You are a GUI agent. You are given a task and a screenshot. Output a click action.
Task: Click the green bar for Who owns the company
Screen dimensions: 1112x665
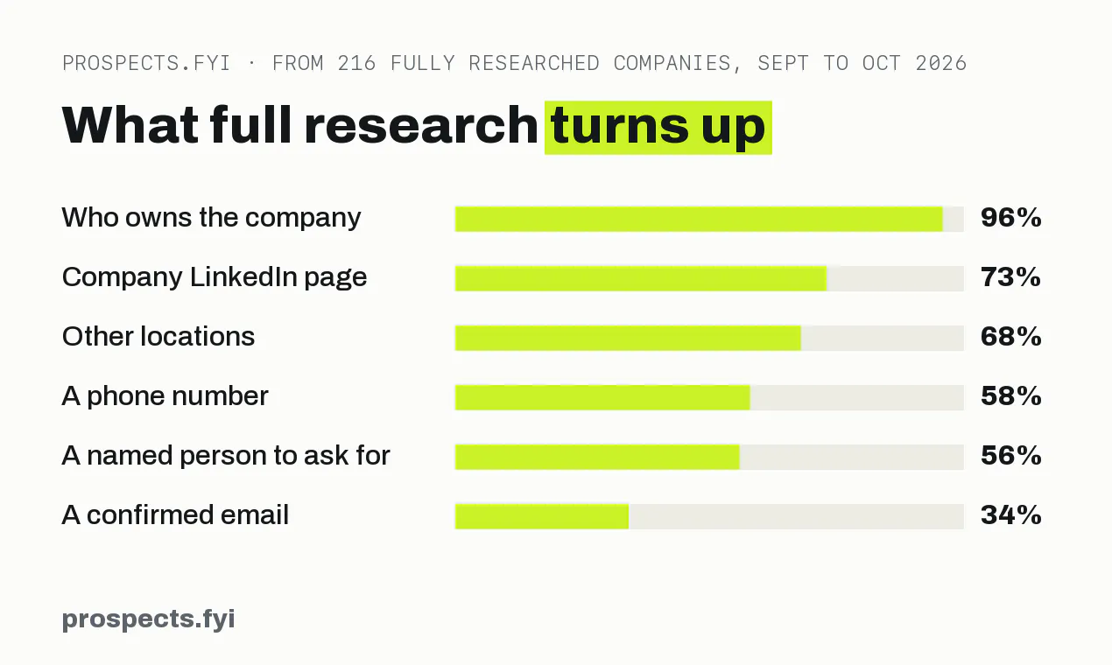pyautogui.click(x=699, y=219)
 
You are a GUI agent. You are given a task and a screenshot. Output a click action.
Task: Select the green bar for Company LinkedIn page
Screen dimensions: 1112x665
pyautogui.click(x=641, y=278)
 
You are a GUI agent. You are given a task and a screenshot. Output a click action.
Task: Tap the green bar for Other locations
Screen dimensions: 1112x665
pyautogui.click(x=628, y=338)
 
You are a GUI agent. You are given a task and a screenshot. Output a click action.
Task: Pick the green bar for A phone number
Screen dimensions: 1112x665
pyautogui.click(x=602, y=397)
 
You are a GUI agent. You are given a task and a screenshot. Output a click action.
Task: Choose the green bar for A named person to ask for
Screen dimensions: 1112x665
pyautogui.click(x=597, y=457)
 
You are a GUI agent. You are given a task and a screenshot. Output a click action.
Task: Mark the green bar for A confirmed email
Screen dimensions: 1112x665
pyautogui.click(x=542, y=516)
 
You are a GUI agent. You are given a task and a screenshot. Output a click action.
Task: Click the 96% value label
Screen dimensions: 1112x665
pyautogui.click(x=1010, y=217)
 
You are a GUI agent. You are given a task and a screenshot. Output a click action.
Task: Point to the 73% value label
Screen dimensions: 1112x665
pyautogui.click(x=1010, y=276)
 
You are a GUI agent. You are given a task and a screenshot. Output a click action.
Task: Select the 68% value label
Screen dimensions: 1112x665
pyautogui.click(x=1010, y=337)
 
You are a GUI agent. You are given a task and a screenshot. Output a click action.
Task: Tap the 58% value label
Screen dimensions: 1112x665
pyautogui.click(x=1010, y=396)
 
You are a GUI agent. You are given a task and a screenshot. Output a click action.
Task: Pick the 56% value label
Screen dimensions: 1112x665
pyautogui.click(x=1010, y=456)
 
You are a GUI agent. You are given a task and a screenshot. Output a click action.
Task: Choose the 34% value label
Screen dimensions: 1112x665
pyautogui.click(x=1010, y=515)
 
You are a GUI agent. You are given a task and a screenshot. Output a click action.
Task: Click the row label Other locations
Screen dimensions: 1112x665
pyautogui.click(x=158, y=337)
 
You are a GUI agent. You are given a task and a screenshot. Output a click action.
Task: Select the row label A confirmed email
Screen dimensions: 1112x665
pyautogui.click(x=175, y=514)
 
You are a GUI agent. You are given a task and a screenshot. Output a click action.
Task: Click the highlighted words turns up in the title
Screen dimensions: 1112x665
pyautogui.click(x=658, y=128)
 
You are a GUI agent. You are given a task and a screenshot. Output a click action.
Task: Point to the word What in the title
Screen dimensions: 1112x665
pyautogui.click(x=130, y=125)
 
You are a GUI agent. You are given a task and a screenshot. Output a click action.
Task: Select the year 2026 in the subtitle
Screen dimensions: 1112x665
pyautogui.click(x=940, y=64)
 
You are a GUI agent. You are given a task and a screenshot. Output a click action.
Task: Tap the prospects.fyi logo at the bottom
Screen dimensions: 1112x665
pyautogui.click(x=149, y=619)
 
